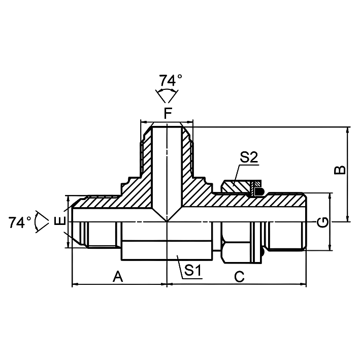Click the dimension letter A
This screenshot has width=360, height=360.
click(x=118, y=276)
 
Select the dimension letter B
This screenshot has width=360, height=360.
click(x=340, y=170)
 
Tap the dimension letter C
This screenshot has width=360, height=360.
click(x=240, y=277)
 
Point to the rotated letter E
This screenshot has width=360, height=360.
click(x=60, y=221)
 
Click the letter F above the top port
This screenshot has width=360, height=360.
click(x=168, y=113)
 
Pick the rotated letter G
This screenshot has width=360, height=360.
click(x=322, y=222)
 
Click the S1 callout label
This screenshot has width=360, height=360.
click(x=193, y=270)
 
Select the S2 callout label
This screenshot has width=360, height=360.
click(x=249, y=157)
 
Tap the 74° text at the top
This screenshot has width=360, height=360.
click(x=171, y=80)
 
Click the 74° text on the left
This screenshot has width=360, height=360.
click(x=20, y=222)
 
